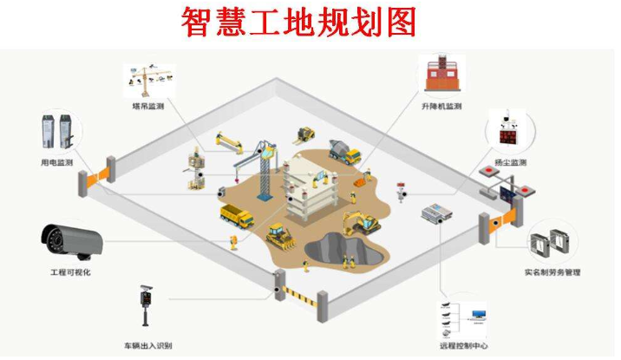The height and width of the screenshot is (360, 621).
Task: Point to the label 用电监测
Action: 57,162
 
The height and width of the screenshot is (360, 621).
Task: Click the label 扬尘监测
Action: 509,162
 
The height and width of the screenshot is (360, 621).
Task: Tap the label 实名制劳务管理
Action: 552,272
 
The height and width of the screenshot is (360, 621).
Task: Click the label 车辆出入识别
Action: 147,346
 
